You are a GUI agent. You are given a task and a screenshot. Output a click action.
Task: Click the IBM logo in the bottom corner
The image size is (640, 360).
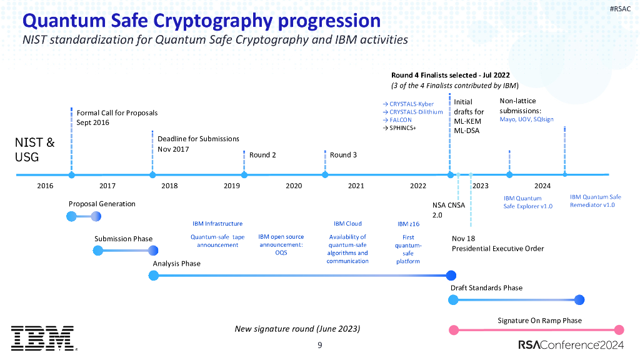coord(42,338)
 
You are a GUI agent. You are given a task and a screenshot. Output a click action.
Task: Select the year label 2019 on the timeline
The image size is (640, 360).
coord(232,186)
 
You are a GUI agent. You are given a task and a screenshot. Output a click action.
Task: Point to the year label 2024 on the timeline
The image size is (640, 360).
coord(542,186)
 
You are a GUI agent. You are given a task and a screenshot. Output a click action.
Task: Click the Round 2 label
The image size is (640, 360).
coord(262,155)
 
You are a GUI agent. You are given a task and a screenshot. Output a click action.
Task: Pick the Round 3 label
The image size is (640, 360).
coord(343,155)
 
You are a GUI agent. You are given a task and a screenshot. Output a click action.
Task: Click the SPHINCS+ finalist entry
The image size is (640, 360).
coord(398,128)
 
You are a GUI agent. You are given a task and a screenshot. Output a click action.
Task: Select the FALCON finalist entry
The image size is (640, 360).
coord(396,120)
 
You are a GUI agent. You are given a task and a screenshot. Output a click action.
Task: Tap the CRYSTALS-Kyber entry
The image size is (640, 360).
coord(407,104)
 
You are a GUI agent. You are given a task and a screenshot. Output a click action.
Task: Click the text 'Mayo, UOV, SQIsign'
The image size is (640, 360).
coord(526,119)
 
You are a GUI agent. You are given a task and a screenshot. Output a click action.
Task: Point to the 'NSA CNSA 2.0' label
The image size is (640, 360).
coord(448,209)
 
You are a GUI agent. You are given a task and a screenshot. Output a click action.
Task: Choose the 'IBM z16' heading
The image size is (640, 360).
coord(408,224)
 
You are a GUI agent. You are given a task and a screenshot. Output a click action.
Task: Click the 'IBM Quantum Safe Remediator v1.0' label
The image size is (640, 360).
coord(595,201)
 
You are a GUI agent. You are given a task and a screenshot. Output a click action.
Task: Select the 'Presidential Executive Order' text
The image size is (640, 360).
coord(497,248)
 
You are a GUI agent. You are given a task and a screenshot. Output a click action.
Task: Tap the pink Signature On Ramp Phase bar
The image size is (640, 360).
coord(534,330)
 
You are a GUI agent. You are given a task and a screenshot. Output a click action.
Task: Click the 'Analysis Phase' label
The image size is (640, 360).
coord(177,263)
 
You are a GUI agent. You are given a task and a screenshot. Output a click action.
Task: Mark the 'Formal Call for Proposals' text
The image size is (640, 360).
coord(117,113)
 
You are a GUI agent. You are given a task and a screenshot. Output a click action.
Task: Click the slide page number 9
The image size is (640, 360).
coord(319,346)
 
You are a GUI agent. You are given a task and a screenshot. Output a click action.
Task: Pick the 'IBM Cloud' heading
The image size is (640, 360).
coord(347,224)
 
